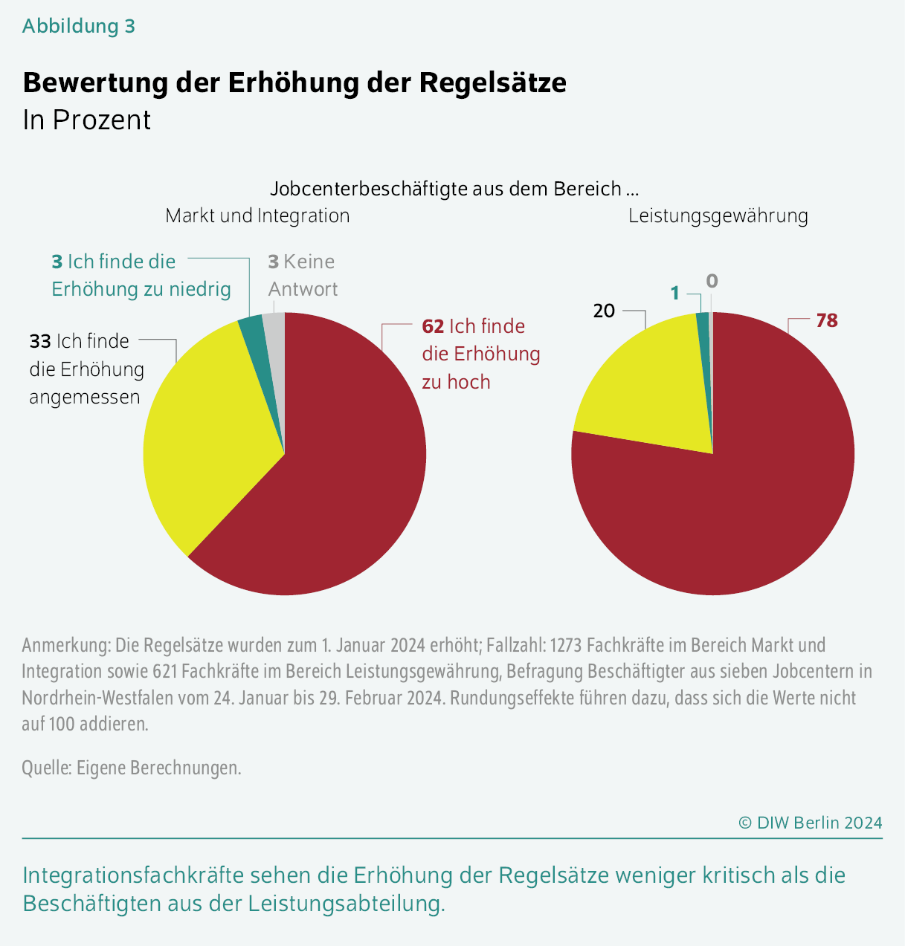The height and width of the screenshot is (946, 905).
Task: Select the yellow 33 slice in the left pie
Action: (x=208, y=431)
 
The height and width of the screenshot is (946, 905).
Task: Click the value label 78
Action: (x=826, y=321)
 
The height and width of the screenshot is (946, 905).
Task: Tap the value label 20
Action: (x=604, y=311)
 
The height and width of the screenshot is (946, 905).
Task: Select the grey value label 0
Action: (x=712, y=281)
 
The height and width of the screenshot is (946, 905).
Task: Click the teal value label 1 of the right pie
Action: (x=675, y=294)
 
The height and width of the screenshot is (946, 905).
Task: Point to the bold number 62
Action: (x=433, y=326)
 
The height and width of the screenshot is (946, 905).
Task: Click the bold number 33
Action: (x=40, y=341)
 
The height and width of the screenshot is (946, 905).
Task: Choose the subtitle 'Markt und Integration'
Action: (x=257, y=216)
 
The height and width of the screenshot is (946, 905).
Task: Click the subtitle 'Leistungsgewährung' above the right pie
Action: (x=718, y=216)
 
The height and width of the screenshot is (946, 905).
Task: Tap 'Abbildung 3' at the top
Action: (x=79, y=26)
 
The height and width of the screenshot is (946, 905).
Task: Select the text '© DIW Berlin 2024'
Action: (x=810, y=823)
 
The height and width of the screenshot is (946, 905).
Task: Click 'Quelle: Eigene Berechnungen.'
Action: (x=132, y=767)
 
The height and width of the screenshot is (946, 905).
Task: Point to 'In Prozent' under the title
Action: (x=87, y=120)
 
